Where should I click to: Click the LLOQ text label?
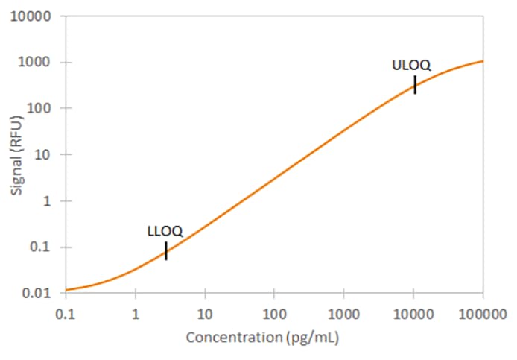(165, 232)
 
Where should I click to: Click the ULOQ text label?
(411, 65)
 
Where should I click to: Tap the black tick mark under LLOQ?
(166, 251)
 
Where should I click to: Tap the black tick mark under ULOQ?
(415, 84)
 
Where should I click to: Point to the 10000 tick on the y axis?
(35, 16)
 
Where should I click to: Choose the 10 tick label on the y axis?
(44, 155)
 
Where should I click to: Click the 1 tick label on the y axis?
(47, 201)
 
